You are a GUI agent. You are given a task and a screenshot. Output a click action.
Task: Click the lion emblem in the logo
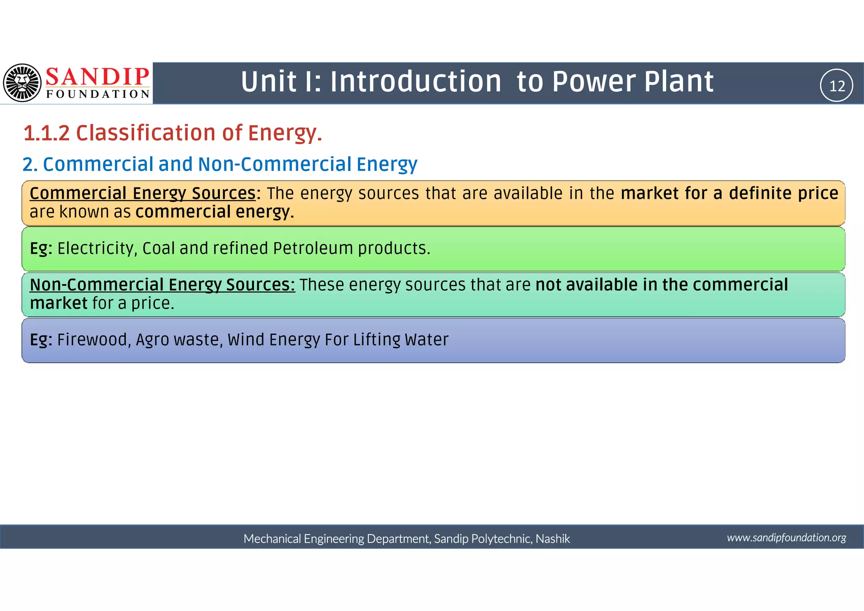pyautogui.click(x=22, y=83)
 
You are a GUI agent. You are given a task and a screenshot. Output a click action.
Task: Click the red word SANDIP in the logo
pyautogui.click(x=97, y=77)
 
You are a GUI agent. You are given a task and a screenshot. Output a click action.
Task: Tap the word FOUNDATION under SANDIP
pyautogui.click(x=98, y=94)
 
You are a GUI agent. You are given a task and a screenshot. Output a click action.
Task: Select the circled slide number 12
pyautogui.click(x=837, y=86)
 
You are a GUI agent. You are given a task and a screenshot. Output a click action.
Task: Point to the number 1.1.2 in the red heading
pyautogui.click(x=46, y=133)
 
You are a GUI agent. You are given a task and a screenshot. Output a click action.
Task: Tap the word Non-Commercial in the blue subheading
pyautogui.click(x=274, y=164)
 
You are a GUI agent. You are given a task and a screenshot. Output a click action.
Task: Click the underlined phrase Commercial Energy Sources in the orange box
pyautogui.click(x=143, y=193)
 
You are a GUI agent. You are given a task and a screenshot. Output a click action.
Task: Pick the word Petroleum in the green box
pyautogui.click(x=313, y=248)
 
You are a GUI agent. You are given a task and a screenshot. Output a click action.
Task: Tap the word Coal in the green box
pyautogui.click(x=158, y=248)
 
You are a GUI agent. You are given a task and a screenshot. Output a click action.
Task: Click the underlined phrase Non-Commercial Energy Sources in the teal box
pyautogui.click(x=162, y=285)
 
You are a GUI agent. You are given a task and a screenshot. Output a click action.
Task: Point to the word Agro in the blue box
pyautogui.click(x=152, y=340)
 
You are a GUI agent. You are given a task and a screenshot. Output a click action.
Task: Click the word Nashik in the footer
pyautogui.click(x=553, y=539)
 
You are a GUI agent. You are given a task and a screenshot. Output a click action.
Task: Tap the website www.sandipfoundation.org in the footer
pyautogui.click(x=786, y=538)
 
